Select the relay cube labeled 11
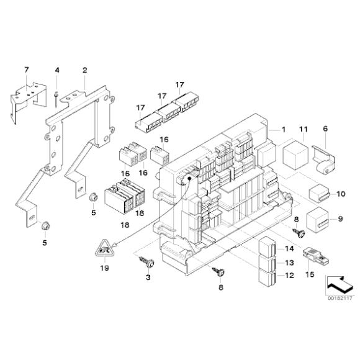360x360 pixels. (x=295, y=155)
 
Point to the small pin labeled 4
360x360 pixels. (x=56, y=99)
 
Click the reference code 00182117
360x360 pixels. (x=340, y=298)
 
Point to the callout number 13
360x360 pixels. (x=289, y=263)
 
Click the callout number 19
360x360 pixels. (x=105, y=268)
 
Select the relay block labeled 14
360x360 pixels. (x=267, y=246)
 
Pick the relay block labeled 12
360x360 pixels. (x=267, y=278)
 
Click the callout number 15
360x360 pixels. (x=310, y=274)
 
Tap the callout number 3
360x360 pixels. (x=148, y=277)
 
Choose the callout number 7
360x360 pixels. (x=27, y=70)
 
